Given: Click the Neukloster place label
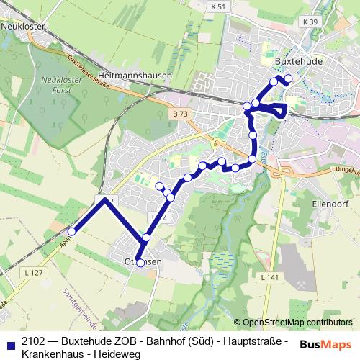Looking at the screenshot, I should (23, 24).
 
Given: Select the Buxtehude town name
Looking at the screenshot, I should (300, 62).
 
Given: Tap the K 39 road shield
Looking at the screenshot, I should (310, 22).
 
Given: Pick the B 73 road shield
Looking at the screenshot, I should (180, 114).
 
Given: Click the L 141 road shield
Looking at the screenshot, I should (269, 277).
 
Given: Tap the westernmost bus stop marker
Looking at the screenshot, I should (72, 231).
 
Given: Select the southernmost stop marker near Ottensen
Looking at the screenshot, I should (140, 263).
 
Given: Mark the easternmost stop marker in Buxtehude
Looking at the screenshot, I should (289, 78).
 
